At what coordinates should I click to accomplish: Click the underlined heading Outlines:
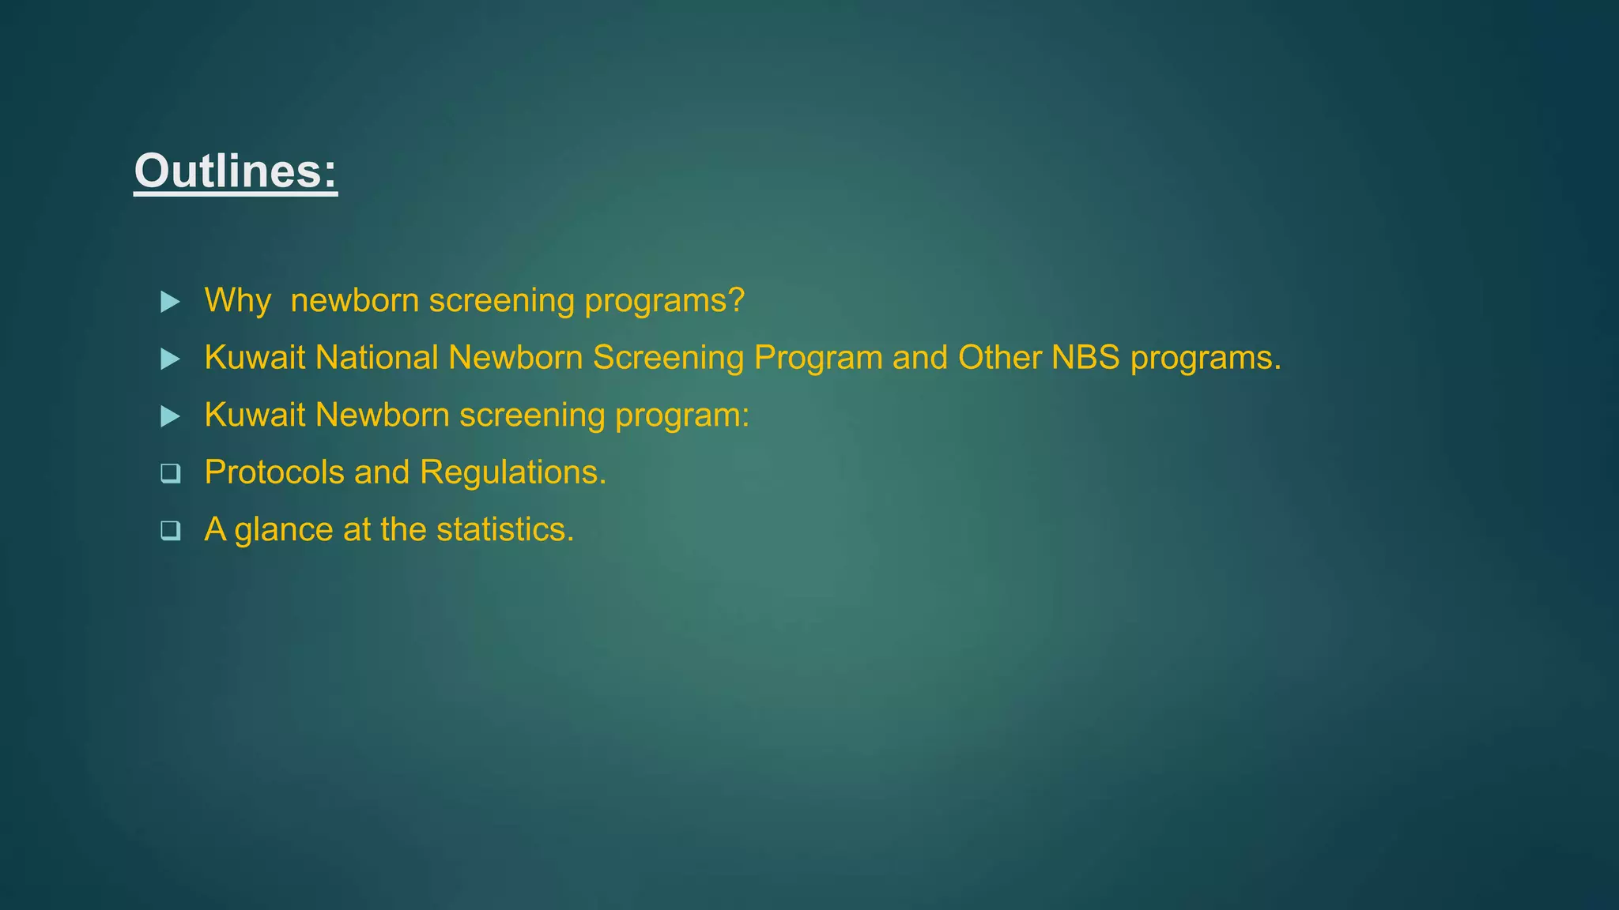click(236, 171)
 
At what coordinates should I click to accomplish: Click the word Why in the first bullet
click(237, 301)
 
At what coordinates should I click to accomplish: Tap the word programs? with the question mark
click(664, 301)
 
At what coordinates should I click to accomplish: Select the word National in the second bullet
click(376, 358)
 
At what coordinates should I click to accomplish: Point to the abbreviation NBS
click(1085, 358)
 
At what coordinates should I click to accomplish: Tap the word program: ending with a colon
click(681, 416)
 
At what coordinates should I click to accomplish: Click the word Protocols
click(274, 472)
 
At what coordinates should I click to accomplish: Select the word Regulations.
click(513, 472)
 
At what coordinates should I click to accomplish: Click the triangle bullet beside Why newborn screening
click(170, 302)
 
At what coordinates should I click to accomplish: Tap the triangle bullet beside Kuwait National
click(170, 359)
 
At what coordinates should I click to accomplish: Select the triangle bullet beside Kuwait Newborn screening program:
click(170, 416)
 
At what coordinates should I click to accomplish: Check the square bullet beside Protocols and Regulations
click(170, 473)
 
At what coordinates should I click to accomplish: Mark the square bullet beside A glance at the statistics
click(170, 531)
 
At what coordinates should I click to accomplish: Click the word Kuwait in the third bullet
click(255, 416)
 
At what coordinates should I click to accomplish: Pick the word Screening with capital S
click(668, 358)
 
